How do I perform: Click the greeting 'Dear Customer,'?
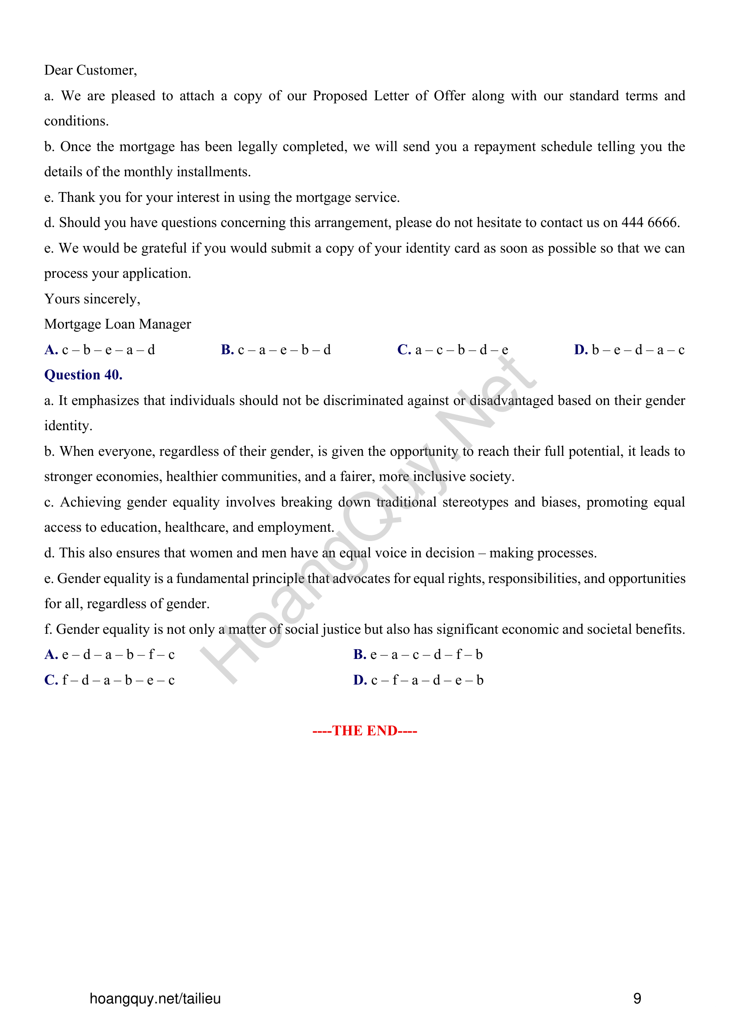tap(90, 70)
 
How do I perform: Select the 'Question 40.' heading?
tap(83, 375)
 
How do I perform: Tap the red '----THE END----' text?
tap(365, 730)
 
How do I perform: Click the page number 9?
tap(637, 999)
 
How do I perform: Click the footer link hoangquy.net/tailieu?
tap(155, 999)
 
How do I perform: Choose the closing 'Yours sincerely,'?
tap(92, 299)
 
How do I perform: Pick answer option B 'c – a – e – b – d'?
tap(275, 350)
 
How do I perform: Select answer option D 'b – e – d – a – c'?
tap(629, 350)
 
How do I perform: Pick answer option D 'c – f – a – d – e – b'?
tap(418, 680)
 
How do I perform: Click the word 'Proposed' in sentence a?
tap(340, 96)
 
